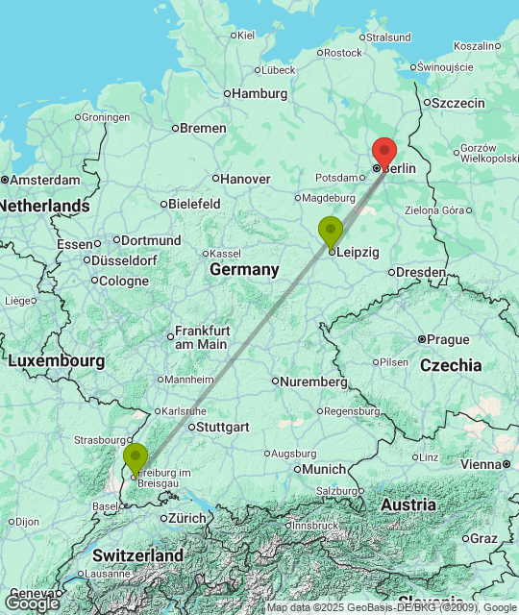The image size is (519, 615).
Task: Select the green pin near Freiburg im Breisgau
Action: (136, 457)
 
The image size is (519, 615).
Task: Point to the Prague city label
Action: (448, 339)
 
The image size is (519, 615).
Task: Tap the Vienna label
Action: (481, 464)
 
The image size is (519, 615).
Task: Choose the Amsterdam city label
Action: (45, 180)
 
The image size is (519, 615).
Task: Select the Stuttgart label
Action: (224, 427)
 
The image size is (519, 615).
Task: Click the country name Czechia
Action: (451, 365)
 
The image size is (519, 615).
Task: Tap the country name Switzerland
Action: (138, 555)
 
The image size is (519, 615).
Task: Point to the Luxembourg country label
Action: (57, 361)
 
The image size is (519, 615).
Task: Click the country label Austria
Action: (408, 504)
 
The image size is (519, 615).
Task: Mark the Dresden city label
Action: (421, 272)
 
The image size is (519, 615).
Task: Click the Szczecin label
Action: (461, 103)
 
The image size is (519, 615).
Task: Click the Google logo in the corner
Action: (31, 603)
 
